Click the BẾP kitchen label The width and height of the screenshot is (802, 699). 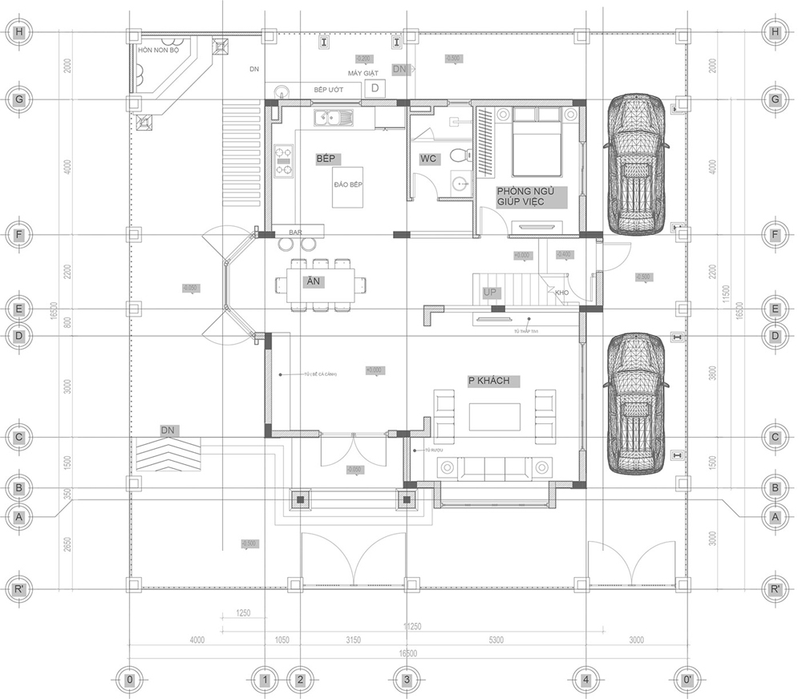coord(325,160)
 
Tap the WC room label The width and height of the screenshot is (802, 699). coord(428,160)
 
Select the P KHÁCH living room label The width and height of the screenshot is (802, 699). coord(488,381)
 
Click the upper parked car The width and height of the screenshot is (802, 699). coord(636,164)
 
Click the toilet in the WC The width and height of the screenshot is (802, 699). coord(458,154)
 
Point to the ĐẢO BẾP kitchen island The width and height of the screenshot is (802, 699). coord(348,188)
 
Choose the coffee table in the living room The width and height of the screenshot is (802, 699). coord(494,417)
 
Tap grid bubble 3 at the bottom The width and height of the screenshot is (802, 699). coord(407,680)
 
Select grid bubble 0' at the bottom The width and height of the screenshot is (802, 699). coord(687,680)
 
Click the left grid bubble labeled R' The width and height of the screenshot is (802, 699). coord(18,589)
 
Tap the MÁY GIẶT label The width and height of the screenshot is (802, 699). coord(363,73)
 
